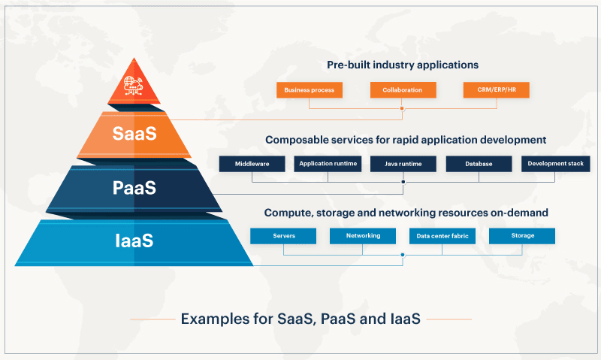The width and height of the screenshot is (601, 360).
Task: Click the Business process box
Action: (310, 90)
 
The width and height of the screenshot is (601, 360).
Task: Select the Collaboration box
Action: (402, 90)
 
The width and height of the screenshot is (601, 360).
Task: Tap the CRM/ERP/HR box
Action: (496, 90)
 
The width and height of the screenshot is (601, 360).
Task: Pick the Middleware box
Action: (252, 164)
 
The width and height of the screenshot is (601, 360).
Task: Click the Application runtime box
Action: (328, 164)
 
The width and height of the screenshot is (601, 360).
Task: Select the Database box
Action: (479, 164)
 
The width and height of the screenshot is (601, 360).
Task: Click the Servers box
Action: (283, 236)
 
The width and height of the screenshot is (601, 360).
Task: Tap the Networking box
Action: (363, 236)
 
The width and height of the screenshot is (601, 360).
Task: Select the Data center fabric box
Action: (442, 236)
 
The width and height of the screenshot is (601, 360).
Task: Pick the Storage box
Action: (522, 236)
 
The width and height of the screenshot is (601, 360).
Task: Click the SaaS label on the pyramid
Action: (134, 134)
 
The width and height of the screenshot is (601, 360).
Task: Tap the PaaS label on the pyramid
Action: (134, 187)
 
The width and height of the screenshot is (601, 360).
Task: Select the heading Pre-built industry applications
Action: (402, 65)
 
